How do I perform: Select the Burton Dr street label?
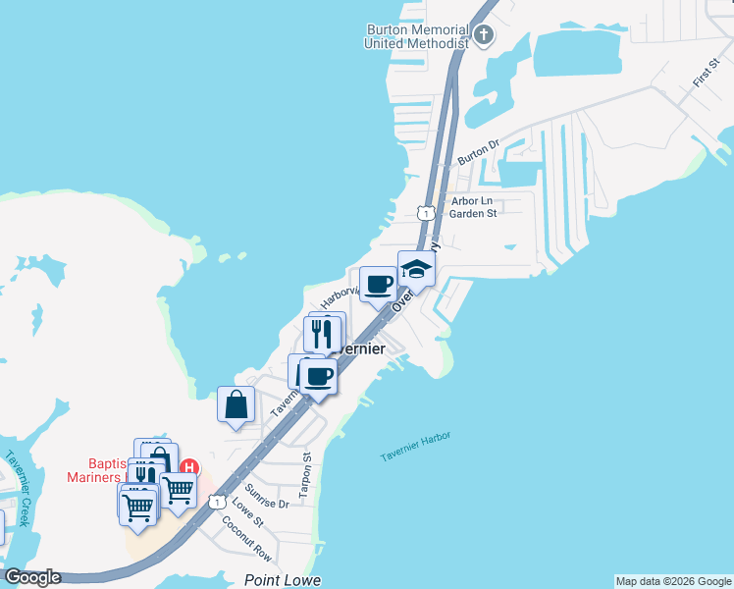pos(479,151)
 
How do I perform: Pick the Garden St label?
pos(475,213)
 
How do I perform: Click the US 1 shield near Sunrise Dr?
pos(214,503)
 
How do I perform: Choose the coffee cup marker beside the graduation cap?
pos(379,286)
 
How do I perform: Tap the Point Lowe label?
pos(283,580)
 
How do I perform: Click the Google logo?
pos(31,577)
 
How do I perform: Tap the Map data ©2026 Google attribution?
pos(673,581)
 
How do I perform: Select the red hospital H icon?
pos(191,466)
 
